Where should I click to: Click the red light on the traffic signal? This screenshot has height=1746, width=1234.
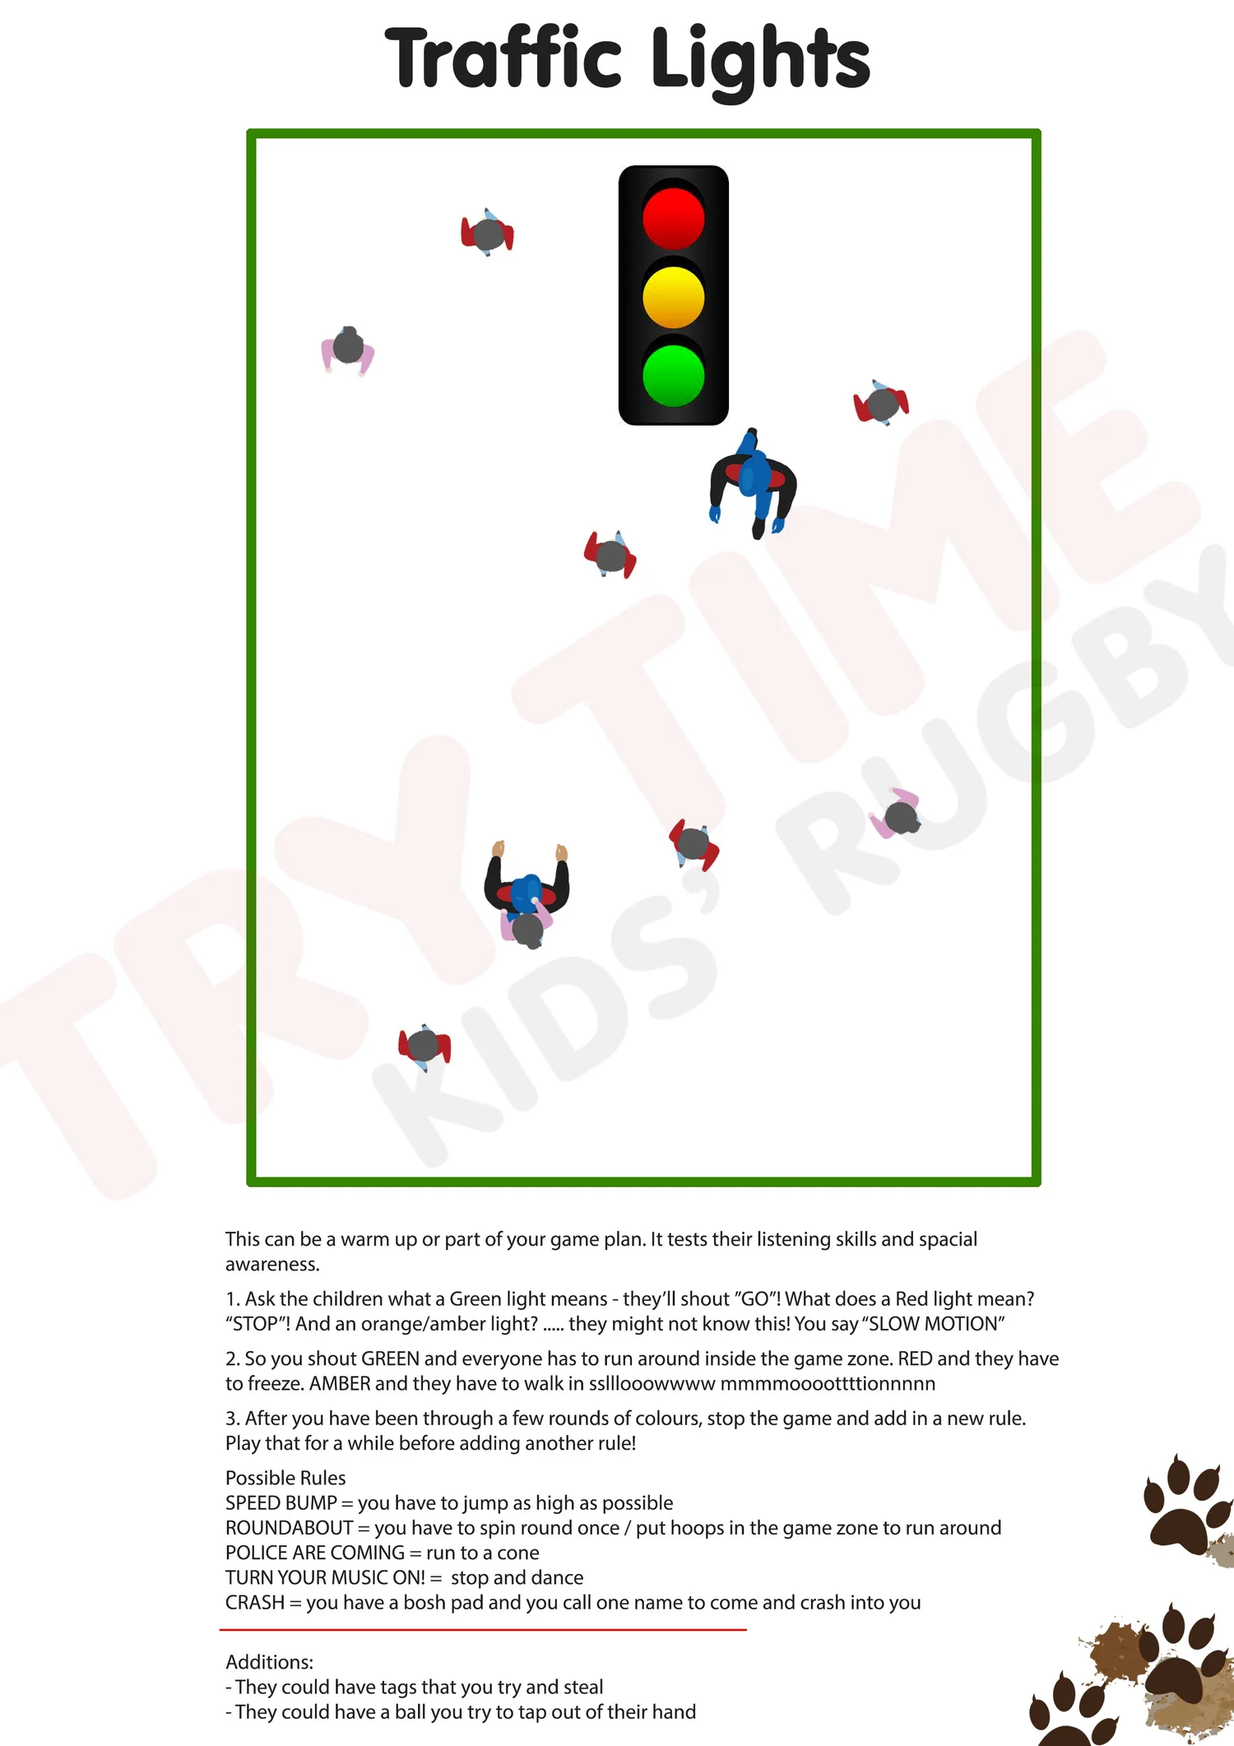tap(673, 218)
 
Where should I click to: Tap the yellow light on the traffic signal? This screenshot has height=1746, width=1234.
tap(673, 296)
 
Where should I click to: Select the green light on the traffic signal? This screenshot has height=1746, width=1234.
tap(673, 375)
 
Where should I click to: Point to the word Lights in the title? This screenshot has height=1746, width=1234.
tap(760, 59)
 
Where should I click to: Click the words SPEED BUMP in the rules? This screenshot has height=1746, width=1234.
tap(281, 1502)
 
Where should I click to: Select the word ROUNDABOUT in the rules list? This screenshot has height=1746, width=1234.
tap(289, 1528)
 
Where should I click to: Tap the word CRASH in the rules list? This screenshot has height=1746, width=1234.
tap(254, 1602)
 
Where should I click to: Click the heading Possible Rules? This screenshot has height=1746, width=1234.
tap(285, 1478)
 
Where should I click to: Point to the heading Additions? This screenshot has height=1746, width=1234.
tap(269, 1662)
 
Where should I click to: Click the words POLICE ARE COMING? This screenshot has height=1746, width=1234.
tap(315, 1553)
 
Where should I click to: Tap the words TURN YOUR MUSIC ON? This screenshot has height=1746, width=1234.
tap(325, 1577)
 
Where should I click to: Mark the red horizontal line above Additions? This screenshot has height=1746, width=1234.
tap(482, 1629)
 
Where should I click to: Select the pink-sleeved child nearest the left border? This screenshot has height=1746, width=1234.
tap(348, 349)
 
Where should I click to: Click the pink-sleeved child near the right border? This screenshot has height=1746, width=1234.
tap(898, 815)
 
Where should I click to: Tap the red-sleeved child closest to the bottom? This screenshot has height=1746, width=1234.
tap(424, 1046)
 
